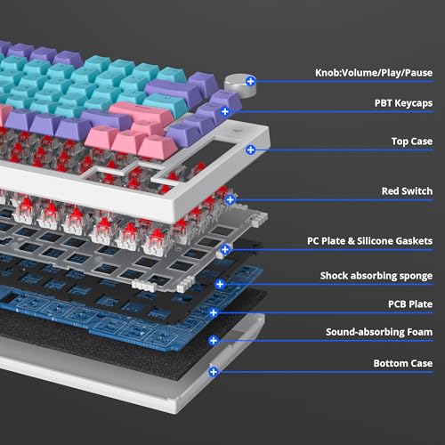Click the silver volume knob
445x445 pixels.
click(x=240, y=85)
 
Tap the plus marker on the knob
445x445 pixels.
click(x=251, y=81)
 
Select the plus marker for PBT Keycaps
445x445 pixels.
click(x=225, y=111)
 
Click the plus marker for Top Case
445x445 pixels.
click(x=251, y=150)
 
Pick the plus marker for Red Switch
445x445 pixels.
click(x=231, y=199)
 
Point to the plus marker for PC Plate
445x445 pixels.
click(x=225, y=249)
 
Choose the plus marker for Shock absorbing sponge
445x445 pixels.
click(x=220, y=284)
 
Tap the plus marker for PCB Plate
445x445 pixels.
click(x=214, y=312)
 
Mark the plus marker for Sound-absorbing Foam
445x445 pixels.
click(x=214, y=341)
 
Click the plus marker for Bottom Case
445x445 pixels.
click(x=214, y=372)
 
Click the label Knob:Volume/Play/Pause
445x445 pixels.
click(x=374, y=73)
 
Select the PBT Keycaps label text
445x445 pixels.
click(x=403, y=103)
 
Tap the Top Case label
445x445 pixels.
click(x=412, y=142)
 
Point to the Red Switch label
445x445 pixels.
click(x=407, y=191)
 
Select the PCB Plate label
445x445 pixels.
click(x=410, y=304)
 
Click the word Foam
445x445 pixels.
click(x=420, y=332)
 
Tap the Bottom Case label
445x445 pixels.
click(x=403, y=363)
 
